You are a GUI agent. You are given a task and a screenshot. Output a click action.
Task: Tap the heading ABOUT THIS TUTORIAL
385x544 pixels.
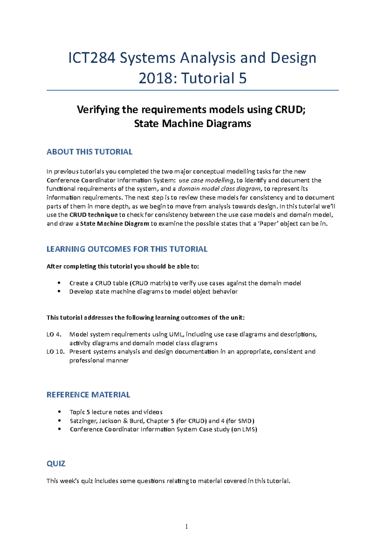89,152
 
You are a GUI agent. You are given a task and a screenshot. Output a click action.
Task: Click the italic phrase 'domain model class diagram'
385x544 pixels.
219,189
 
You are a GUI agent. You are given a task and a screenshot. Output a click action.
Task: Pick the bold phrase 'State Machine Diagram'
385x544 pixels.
115,224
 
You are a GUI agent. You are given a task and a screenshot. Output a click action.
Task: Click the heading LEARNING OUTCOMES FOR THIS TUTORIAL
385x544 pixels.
127,249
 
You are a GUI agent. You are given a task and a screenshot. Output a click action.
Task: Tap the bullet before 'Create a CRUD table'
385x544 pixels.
59,283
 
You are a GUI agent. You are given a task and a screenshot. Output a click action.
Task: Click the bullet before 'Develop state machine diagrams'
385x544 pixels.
59,292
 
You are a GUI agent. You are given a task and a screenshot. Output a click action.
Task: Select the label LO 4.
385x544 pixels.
54,334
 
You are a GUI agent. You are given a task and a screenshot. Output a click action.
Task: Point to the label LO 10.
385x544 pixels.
56,352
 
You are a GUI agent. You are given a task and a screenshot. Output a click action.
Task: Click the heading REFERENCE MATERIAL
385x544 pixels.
88,395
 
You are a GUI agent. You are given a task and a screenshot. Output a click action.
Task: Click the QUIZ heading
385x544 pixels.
56,464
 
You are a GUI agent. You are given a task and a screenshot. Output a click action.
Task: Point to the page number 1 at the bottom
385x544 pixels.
186,526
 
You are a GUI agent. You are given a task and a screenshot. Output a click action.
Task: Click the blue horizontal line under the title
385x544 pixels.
193,91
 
